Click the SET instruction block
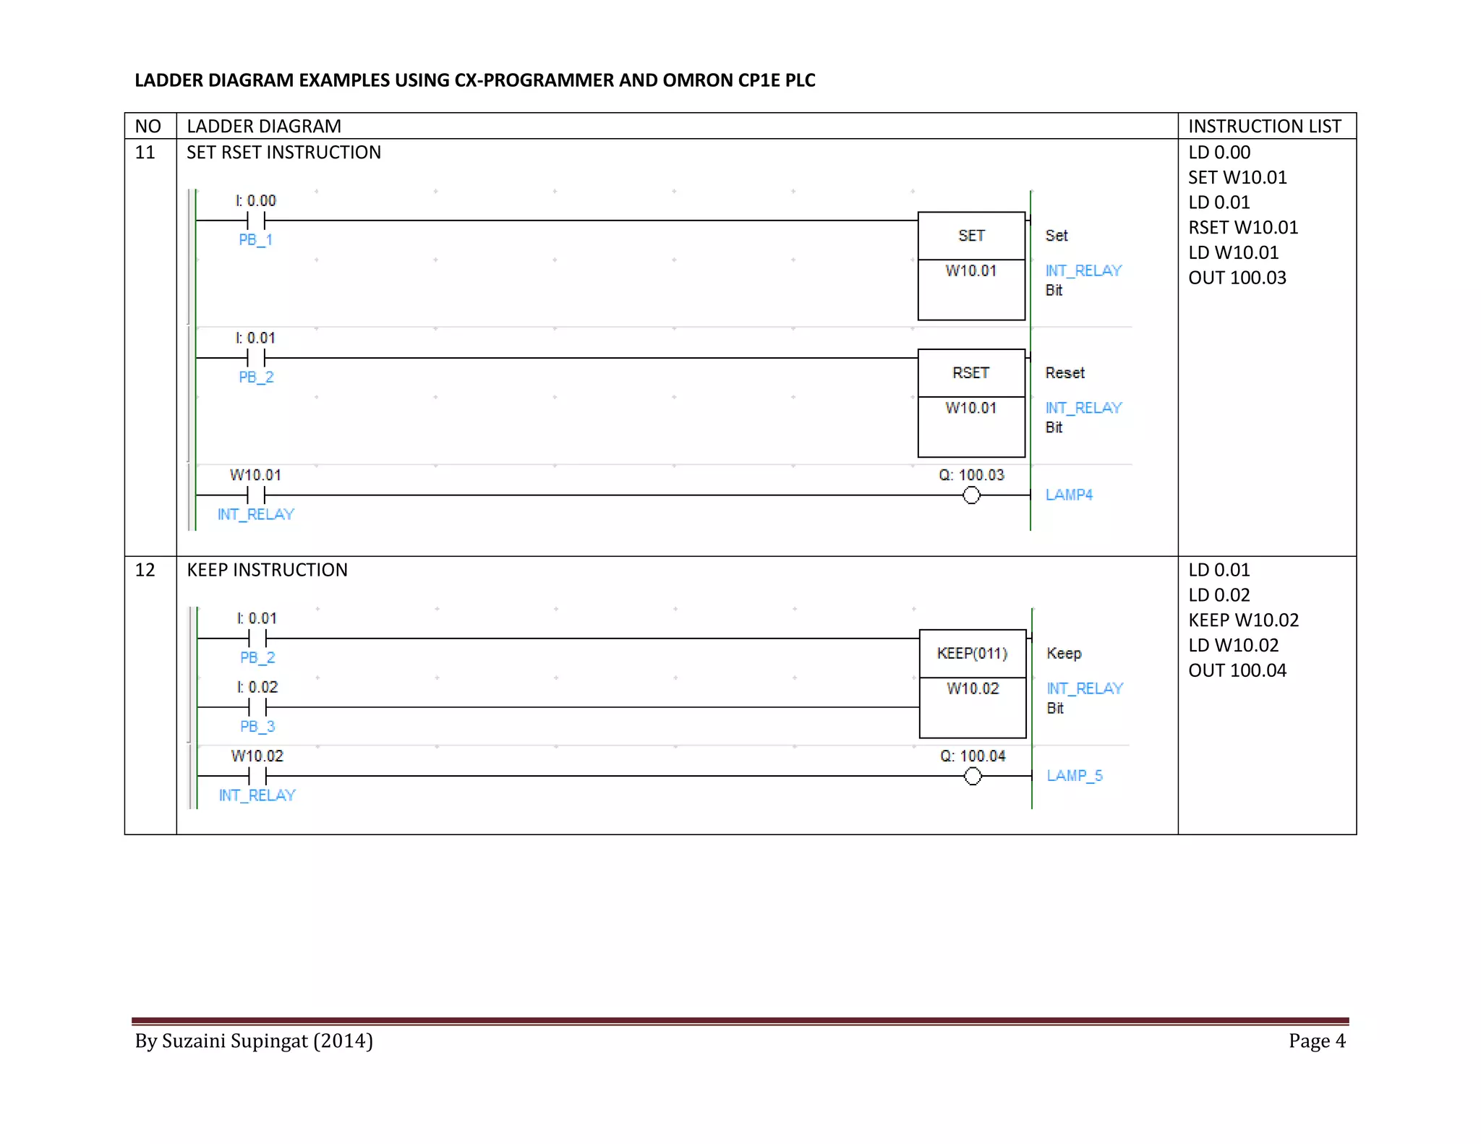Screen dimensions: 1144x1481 (x=971, y=265)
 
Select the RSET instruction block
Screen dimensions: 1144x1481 (x=971, y=403)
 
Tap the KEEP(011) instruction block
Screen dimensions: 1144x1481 (x=973, y=683)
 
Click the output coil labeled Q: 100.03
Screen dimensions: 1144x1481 (x=971, y=495)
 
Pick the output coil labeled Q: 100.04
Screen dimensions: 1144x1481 (x=973, y=776)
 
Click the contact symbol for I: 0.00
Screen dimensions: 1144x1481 (x=256, y=221)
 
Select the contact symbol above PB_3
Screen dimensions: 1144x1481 (x=257, y=707)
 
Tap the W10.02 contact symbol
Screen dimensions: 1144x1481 (x=257, y=776)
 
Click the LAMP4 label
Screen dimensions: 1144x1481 (x=1069, y=495)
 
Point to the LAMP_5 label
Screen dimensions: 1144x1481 (x=1075, y=775)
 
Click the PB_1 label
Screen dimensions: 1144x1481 (x=255, y=239)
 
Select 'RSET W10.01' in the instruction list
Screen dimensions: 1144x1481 (x=1243, y=228)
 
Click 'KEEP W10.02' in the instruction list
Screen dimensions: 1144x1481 (x=1243, y=620)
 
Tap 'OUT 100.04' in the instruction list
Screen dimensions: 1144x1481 (x=1237, y=670)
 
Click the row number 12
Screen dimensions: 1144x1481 (x=145, y=570)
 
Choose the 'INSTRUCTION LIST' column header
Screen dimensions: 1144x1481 (x=1265, y=127)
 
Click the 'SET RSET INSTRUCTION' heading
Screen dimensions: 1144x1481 (x=283, y=153)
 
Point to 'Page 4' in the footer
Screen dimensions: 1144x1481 (x=1317, y=1041)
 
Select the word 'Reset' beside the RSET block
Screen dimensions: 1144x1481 (x=1064, y=373)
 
